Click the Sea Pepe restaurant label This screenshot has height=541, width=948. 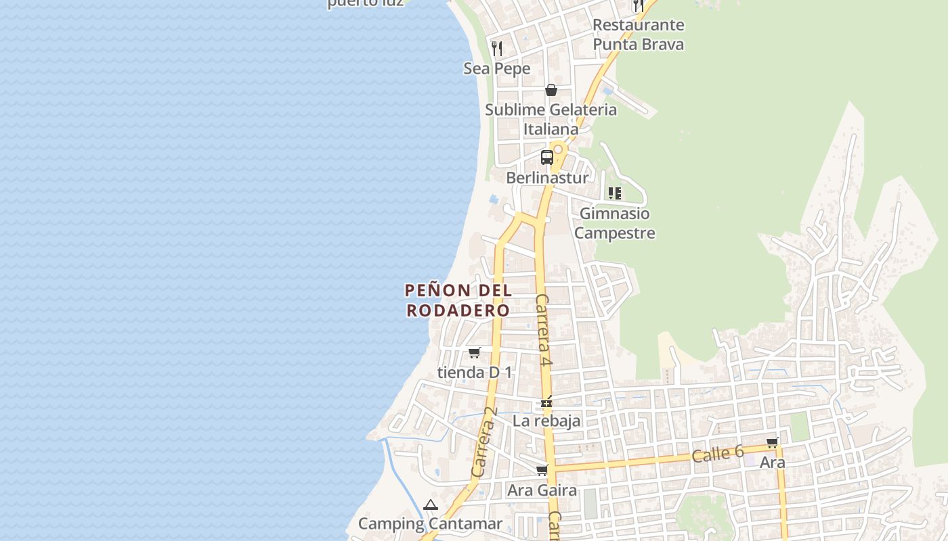[x=496, y=68]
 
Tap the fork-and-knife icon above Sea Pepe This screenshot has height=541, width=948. [x=497, y=48]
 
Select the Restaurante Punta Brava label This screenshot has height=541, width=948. [x=638, y=34]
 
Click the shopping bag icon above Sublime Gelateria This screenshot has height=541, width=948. [x=551, y=90]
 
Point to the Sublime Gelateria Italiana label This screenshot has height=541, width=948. [x=551, y=119]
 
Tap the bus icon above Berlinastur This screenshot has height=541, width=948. [x=547, y=158]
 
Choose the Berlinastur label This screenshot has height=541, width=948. [x=547, y=178]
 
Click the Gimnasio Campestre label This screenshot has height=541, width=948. [x=614, y=223]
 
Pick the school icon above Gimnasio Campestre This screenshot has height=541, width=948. [x=615, y=193]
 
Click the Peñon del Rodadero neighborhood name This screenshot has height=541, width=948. [x=458, y=300]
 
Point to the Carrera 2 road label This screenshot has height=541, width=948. [x=485, y=442]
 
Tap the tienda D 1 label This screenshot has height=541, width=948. [x=475, y=372]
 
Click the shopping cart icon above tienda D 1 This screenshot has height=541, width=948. [x=475, y=352]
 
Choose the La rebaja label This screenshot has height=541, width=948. [x=546, y=421]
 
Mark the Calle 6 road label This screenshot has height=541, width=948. [x=718, y=454]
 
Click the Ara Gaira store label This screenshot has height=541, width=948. [x=542, y=490]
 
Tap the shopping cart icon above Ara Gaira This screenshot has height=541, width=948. [x=542, y=470]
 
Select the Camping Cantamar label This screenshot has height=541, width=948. [x=430, y=523]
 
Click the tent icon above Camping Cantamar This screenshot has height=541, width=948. [x=431, y=504]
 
